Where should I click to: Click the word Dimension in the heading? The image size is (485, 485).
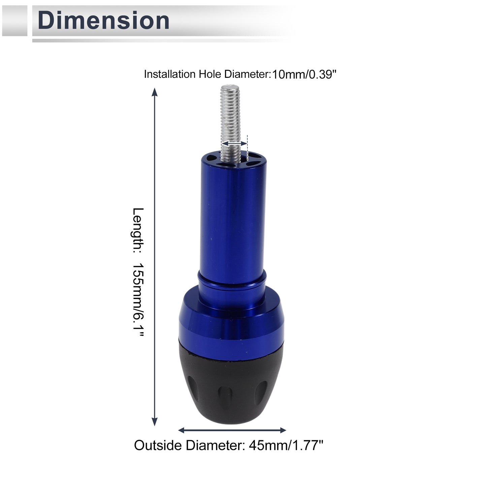(x=103, y=21)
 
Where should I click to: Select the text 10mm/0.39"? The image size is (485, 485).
(x=304, y=74)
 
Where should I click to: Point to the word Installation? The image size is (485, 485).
(x=170, y=74)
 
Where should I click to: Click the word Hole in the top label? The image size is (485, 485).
(x=210, y=74)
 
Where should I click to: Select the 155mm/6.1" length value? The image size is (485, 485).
(x=138, y=300)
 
